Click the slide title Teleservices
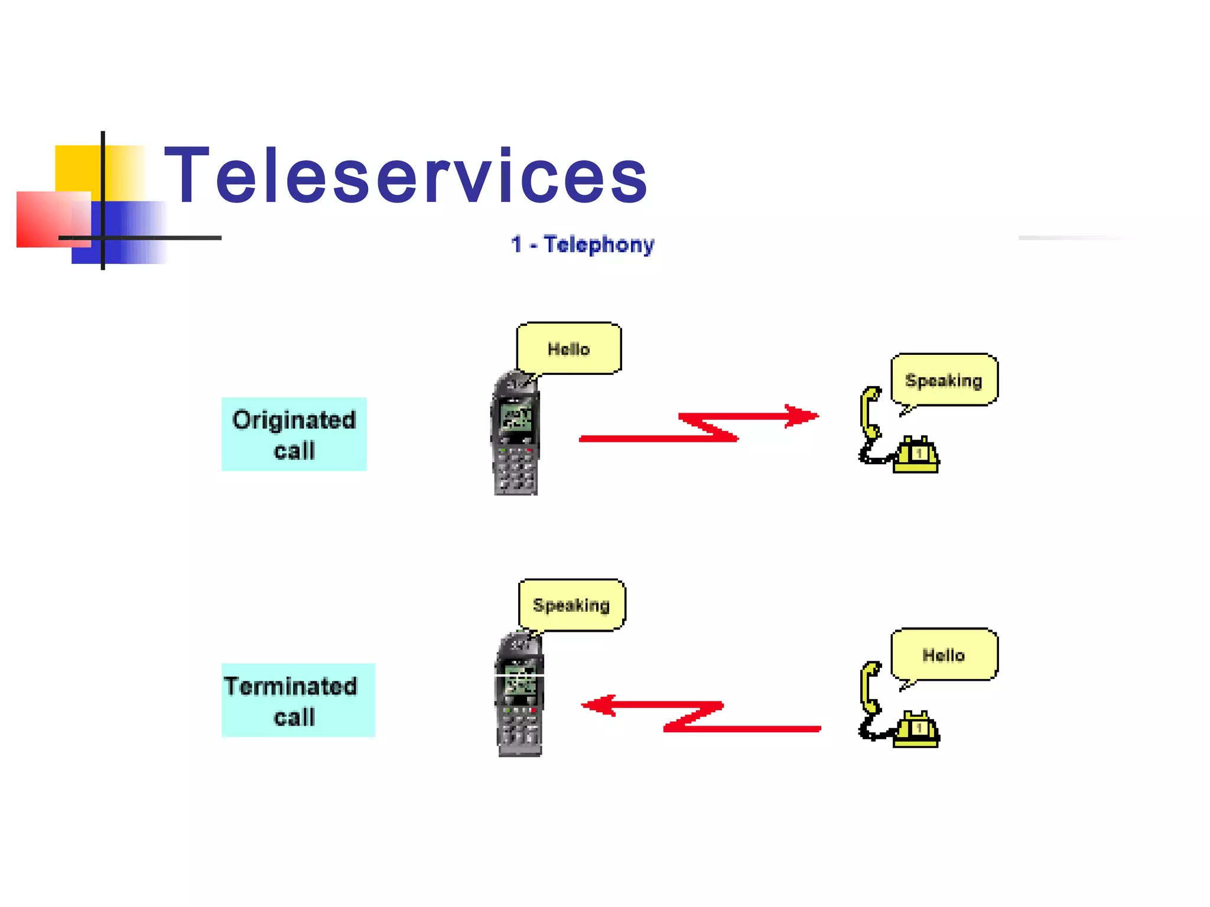coord(405,176)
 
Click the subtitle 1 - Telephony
coord(583,244)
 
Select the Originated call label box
coord(294,434)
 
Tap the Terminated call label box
coord(298,700)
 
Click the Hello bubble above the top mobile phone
coord(568,348)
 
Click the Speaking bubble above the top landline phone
coord(944,380)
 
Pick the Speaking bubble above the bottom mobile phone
coord(571,605)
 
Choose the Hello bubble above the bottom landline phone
coord(944,654)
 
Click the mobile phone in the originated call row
coord(515,434)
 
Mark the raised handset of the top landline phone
coord(870,413)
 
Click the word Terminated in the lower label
coord(291,686)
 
